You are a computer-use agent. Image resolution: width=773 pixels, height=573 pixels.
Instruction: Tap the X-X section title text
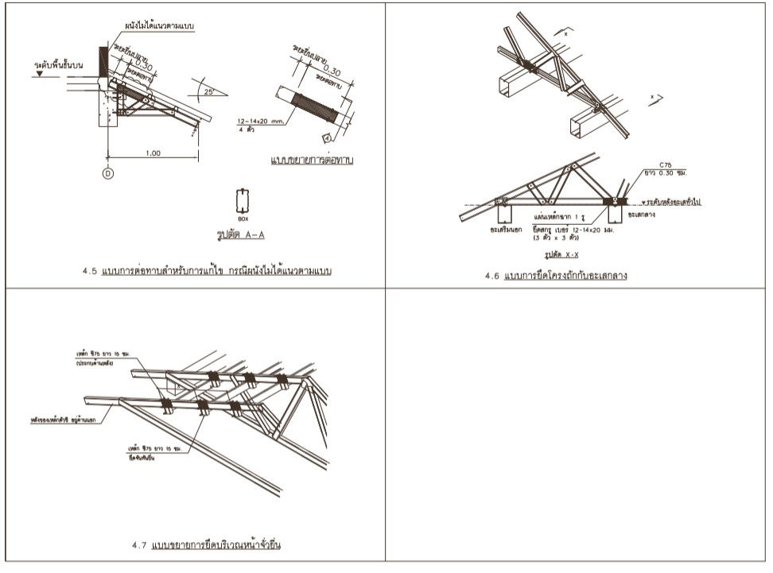click(x=561, y=257)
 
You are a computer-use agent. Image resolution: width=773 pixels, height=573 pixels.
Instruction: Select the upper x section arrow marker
click(x=565, y=34)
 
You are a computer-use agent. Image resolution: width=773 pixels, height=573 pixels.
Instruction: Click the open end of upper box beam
click(x=510, y=88)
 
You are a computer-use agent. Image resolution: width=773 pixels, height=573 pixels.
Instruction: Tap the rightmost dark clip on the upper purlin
click(x=282, y=381)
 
